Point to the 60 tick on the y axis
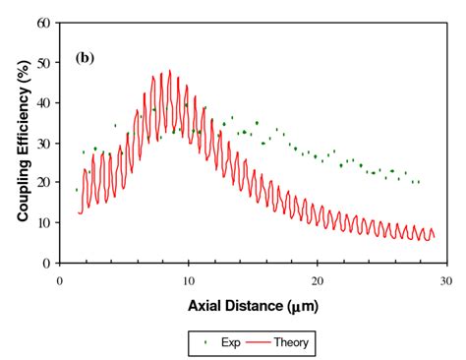click(x=45, y=22)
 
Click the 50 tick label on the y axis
click(x=45, y=62)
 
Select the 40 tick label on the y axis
click(x=45, y=102)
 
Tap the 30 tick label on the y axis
click(x=45, y=143)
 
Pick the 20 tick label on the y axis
click(x=45, y=183)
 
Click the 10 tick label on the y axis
click(x=45, y=223)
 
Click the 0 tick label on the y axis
click(x=48, y=264)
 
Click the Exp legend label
click(x=224, y=342)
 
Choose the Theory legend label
click(x=292, y=342)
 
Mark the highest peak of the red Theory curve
click(x=169, y=71)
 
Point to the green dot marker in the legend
click(x=204, y=342)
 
